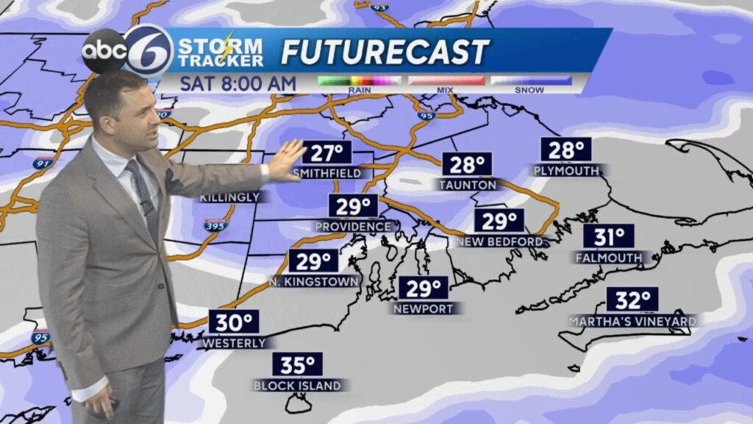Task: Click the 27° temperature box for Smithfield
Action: coord(327,154)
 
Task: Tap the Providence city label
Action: coord(354,227)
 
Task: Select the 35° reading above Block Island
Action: coord(298,364)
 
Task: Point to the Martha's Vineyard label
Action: coord(632,322)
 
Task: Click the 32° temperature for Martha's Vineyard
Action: coord(632,300)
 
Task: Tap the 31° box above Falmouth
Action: coord(609,237)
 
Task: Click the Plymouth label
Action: coord(567,171)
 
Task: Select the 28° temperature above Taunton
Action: coord(467,164)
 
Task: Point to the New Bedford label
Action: coord(499,241)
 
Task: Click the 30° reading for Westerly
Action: coord(234,322)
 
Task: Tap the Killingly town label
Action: coord(229,197)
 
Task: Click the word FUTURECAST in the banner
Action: coord(385,52)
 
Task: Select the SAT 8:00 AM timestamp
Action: coord(238,83)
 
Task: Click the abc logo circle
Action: coord(104,51)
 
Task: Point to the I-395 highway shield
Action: coord(216,225)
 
